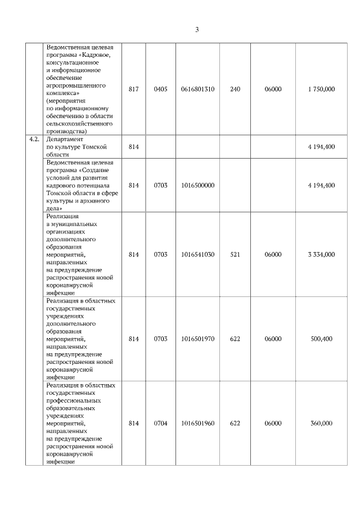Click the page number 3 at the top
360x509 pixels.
(197, 30)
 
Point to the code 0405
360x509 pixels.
(161, 89)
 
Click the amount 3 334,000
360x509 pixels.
(321, 254)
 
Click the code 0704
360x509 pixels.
(161, 424)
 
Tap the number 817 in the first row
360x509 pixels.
(133, 89)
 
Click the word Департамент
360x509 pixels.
(65, 138)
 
